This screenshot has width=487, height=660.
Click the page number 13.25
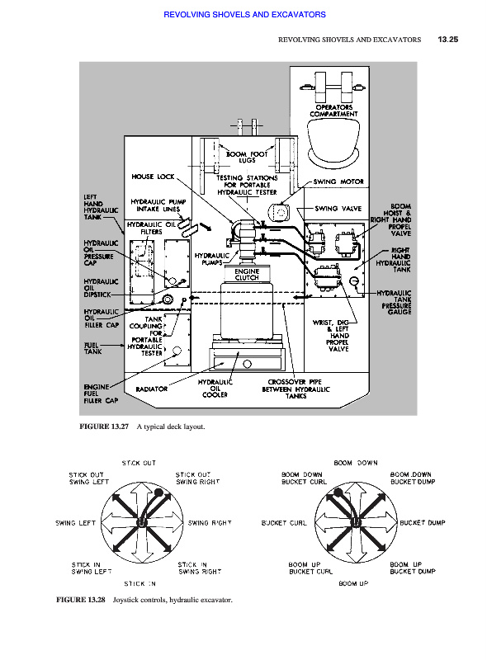(448, 40)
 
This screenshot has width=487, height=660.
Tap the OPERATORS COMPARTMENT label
(333, 111)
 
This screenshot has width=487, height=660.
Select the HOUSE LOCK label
(153, 177)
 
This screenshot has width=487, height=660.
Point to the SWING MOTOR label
(338, 181)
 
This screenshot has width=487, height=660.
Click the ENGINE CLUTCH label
(247, 275)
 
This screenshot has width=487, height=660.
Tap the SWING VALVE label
(338, 209)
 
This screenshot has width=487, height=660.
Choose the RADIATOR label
(152, 389)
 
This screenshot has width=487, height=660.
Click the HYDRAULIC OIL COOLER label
(215, 388)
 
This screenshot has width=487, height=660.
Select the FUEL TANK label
(92, 348)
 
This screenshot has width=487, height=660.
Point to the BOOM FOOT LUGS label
(247, 157)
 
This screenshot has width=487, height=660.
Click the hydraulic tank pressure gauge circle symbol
(354, 280)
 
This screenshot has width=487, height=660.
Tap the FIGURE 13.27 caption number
(104, 427)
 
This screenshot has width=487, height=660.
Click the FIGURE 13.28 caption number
(81, 600)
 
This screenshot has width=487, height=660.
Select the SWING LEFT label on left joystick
(76, 523)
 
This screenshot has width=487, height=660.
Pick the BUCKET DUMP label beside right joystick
(423, 523)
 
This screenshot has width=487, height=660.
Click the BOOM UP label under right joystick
(353, 583)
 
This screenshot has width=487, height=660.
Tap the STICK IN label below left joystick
(139, 584)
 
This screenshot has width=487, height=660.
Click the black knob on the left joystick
(158, 493)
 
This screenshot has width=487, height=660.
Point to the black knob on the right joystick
(338, 493)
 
